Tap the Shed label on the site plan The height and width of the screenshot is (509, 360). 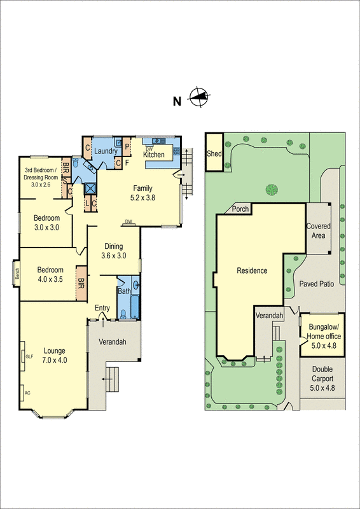[213, 154]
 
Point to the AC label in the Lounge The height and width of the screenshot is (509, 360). [27, 393]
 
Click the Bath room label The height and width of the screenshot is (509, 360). [124, 291]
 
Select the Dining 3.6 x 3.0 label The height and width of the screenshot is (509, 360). [114, 251]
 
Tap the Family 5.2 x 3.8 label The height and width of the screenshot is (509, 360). [144, 193]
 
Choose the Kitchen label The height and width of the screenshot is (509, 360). [154, 155]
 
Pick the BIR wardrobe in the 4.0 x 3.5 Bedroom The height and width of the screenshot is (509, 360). [81, 278]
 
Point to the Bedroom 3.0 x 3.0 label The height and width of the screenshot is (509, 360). [46, 222]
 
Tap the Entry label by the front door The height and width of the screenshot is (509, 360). [102, 308]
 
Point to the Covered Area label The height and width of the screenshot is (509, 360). [318, 230]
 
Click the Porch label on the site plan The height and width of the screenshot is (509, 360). [240, 209]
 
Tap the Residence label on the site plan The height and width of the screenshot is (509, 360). [252, 270]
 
